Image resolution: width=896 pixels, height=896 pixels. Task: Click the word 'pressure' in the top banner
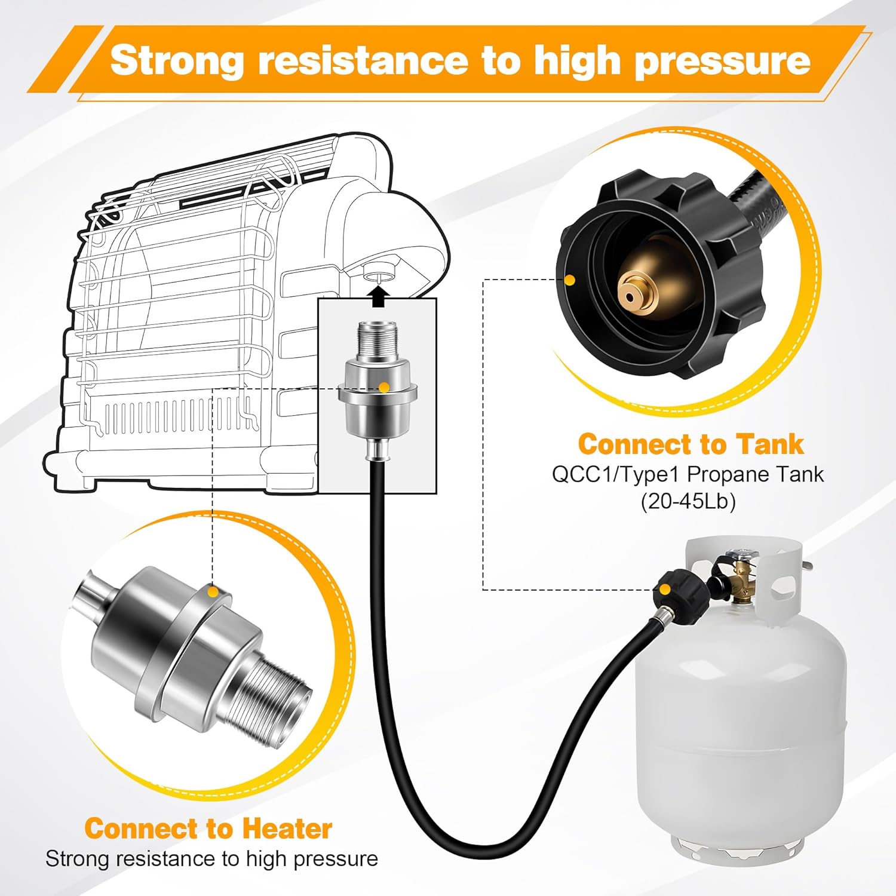(x=722, y=61)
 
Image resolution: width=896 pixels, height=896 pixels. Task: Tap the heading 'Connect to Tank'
(x=691, y=444)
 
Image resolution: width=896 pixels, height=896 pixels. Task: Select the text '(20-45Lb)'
(x=688, y=501)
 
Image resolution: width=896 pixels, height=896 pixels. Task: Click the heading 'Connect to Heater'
(x=208, y=829)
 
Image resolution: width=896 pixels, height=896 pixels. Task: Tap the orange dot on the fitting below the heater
(x=385, y=388)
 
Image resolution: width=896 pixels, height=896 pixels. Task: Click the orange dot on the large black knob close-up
(x=570, y=279)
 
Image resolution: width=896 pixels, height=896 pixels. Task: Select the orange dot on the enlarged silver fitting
(x=211, y=592)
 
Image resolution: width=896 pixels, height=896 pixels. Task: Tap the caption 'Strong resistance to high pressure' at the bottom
(x=211, y=859)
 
